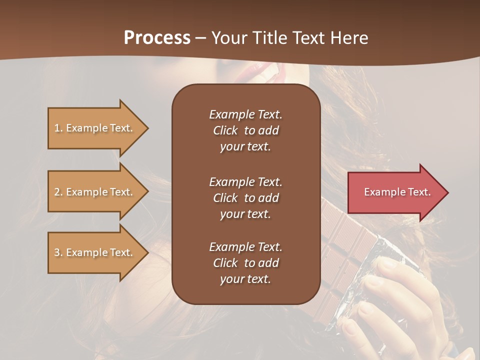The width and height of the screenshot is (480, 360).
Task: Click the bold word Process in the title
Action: pos(157,37)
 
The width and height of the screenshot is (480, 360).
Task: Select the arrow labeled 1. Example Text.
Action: pos(95,128)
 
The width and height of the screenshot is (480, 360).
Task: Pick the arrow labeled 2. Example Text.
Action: pos(95,192)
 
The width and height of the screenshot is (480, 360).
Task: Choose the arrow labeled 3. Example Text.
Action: pos(95,252)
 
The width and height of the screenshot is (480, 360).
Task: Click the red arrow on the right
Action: pos(395,192)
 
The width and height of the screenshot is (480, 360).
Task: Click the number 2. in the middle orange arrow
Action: pos(58,192)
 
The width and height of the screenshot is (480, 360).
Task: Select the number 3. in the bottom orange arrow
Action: pos(58,252)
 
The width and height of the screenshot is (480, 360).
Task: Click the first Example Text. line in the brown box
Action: pos(245,114)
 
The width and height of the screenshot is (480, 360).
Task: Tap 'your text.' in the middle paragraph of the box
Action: pos(245,214)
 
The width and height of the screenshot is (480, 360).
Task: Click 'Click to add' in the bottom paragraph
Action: pos(245,263)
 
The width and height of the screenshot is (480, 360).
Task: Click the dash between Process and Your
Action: pos(201,38)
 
